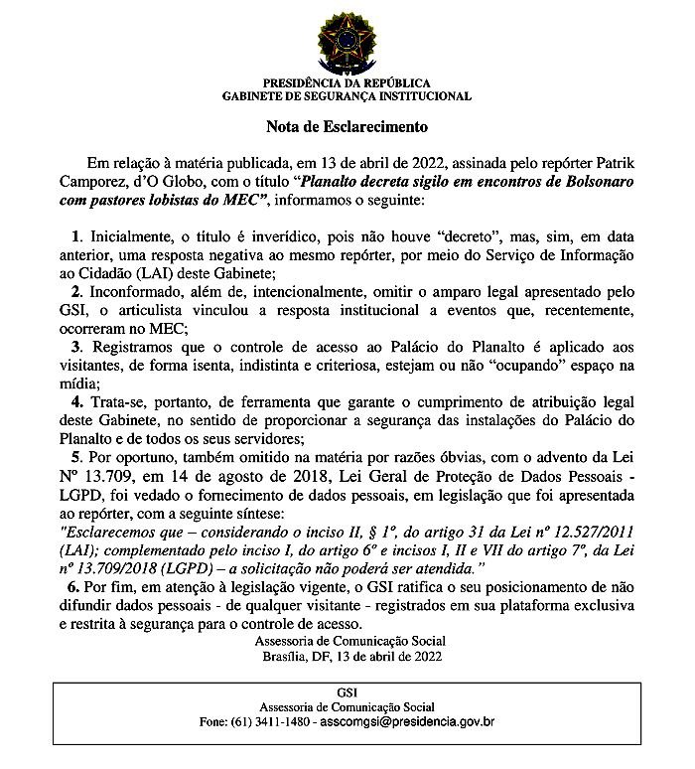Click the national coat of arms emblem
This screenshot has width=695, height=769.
[347, 42]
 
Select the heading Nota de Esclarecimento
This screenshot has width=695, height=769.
[347, 127]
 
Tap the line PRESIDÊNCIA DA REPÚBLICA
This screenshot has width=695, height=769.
[347, 83]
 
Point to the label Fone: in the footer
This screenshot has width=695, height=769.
[211, 720]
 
